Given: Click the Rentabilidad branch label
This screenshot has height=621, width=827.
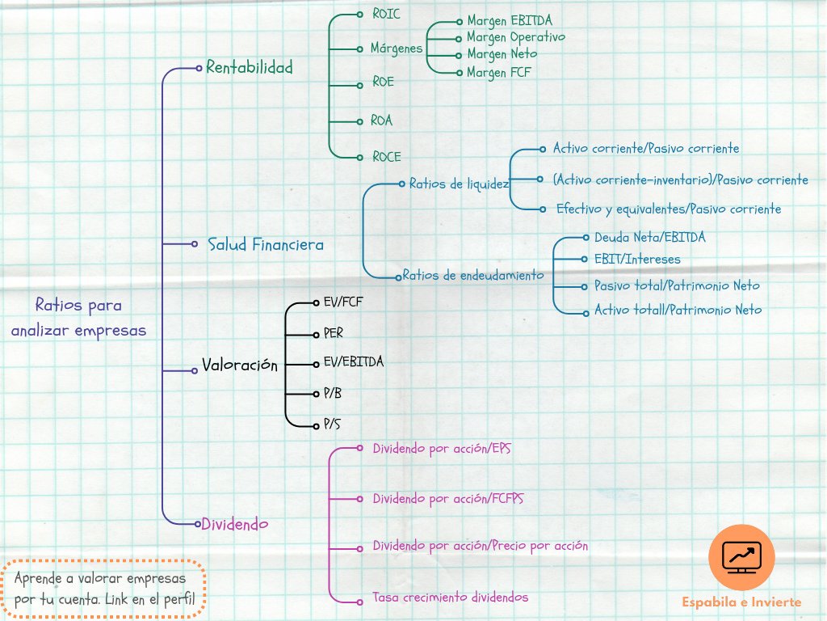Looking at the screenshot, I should click(249, 67).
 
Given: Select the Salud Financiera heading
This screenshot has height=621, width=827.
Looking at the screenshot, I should click(265, 244).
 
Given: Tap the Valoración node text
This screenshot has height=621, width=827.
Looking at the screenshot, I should click(239, 365).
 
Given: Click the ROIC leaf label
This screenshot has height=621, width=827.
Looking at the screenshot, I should click(386, 15).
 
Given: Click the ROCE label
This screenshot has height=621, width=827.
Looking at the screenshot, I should click(386, 157).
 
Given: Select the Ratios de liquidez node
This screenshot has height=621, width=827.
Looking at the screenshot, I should click(458, 184).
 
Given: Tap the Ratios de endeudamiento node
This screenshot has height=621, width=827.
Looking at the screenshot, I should click(472, 275).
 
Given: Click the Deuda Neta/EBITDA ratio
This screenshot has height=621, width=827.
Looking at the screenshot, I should click(649, 238).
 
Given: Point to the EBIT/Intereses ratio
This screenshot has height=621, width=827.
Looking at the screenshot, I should click(637, 260).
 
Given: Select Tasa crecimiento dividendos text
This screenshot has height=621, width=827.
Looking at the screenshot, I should click(450, 598).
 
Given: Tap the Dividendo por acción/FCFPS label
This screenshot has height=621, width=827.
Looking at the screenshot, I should click(447, 499).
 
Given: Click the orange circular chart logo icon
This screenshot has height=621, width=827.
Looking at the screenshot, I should click(741, 556).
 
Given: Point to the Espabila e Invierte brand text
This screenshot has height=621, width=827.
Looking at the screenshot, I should click(741, 602).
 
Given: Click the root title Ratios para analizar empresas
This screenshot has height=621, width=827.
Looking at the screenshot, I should click(78, 318).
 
